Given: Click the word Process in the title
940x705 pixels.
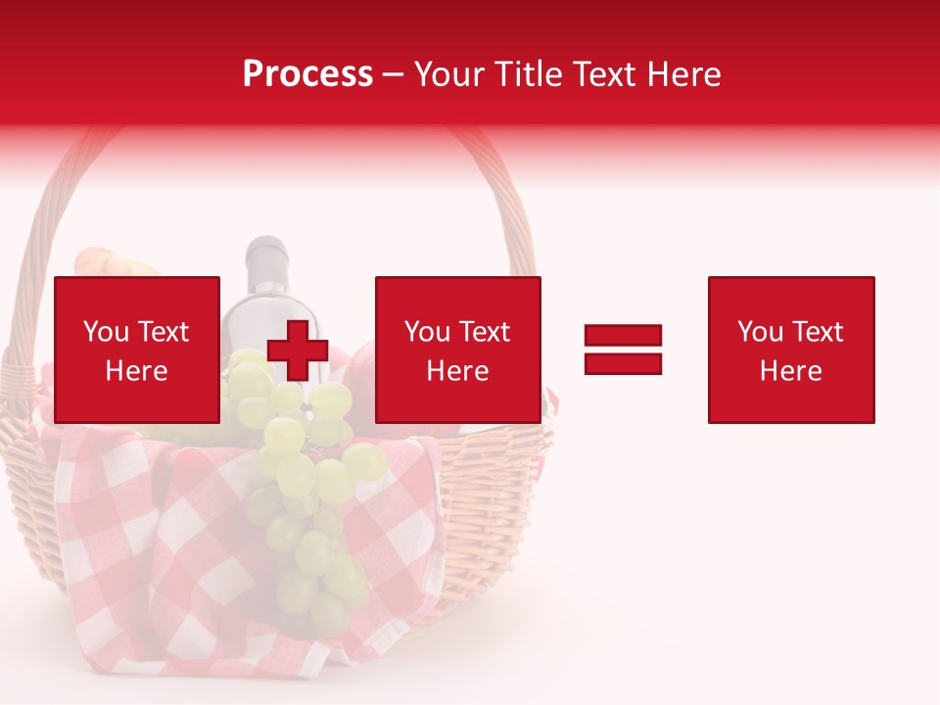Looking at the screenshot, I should click(307, 74).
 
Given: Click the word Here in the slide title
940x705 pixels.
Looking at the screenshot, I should click(684, 74).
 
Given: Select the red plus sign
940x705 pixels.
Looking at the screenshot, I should click(298, 351).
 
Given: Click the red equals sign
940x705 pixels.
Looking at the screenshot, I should click(623, 350).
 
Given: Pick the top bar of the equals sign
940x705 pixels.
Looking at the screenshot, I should click(623, 335).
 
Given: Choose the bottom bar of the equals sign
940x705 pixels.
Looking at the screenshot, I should click(623, 363).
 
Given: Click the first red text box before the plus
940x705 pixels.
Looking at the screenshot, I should click(137, 350).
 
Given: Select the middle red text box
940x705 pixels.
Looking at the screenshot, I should click(457, 350).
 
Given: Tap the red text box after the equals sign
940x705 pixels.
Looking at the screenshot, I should click(791, 350).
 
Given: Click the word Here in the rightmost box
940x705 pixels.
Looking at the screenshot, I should click(791, 370).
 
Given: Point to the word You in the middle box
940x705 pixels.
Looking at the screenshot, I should click(427, 332).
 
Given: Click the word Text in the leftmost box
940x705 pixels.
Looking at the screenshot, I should click(162, 332).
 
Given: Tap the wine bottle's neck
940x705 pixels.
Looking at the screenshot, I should click(264, 264).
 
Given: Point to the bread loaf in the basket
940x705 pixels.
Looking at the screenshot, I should click(103, 261).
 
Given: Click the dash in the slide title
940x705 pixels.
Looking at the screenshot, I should click(394, 75).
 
